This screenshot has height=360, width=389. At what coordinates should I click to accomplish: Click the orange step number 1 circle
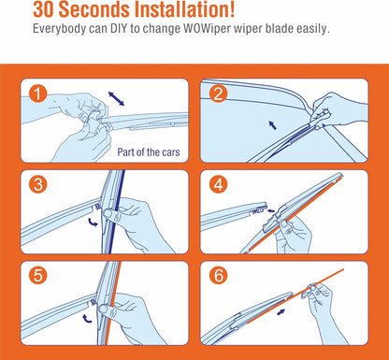(x=37, y=94)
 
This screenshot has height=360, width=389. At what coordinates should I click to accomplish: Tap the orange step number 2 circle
(x=218, y=94)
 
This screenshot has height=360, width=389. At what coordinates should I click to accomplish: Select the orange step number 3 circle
(x=38, y=184)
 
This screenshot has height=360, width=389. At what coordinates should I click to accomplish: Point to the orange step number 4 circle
(x=218, y=184)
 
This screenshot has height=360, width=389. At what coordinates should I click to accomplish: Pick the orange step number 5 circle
(x=38, y=276)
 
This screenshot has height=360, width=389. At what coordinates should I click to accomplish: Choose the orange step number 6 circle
(x=218, y=276)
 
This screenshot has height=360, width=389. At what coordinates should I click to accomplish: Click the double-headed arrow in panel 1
(x=116, y=99)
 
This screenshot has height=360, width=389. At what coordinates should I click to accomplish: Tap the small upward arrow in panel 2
(x=272, y=125)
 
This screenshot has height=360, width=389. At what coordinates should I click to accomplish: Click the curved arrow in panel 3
(x=93, y=222)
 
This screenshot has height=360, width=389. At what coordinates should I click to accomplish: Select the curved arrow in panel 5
(x=87, y=318)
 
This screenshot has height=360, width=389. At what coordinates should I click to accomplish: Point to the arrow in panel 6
(x=281, y=311)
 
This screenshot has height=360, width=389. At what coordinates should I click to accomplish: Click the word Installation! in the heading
(x=184, y=9)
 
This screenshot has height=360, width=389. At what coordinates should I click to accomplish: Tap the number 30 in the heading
(x=44, y=9)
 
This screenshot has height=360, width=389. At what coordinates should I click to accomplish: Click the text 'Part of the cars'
(x=149, y=152)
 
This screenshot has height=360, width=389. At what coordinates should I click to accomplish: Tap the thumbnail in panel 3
(x=108, y=214)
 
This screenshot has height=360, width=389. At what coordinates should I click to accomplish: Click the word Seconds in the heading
(x=94, y=9)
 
